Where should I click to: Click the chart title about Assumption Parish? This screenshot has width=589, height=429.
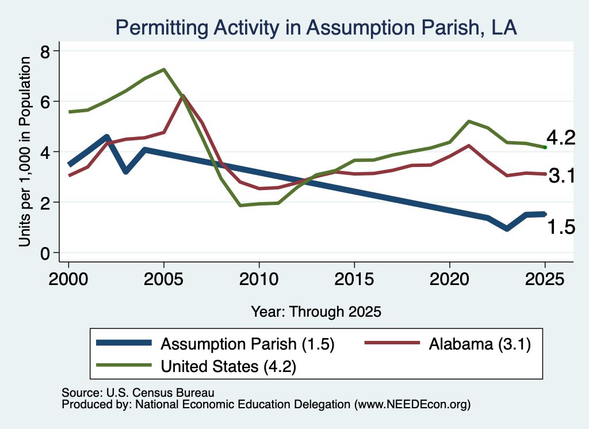[316, 28]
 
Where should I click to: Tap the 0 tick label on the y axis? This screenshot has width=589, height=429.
[45, 253]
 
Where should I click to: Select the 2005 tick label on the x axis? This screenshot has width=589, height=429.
[163, 279]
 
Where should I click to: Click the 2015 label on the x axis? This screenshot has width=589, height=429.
[354, 279]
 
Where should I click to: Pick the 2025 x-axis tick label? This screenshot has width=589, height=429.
[545, 279]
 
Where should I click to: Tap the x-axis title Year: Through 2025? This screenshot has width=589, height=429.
[316, 312]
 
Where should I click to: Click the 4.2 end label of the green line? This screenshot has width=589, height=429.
[561, 138]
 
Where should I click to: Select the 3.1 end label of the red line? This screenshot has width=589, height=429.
[562, 175]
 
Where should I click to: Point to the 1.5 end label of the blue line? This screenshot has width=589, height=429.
[561, 227]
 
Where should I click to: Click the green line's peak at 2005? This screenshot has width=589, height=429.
[164, 70]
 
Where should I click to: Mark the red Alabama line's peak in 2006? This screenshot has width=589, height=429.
[183, 96]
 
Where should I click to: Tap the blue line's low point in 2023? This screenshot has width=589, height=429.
[507, 229]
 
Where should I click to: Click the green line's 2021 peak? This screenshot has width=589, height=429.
[469, 122]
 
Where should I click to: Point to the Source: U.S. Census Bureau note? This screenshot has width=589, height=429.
[138, 393]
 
